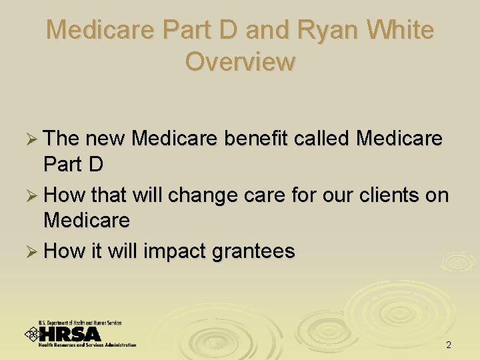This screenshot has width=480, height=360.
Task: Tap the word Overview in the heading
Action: [240, 61]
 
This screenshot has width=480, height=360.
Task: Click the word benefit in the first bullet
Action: [256, 139]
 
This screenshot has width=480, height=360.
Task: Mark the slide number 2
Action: [448, 345]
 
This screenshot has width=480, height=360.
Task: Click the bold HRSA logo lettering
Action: [70, 334]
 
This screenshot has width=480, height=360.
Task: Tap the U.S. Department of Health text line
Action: [80, 323]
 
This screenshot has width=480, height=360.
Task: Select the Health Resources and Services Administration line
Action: [87, 345]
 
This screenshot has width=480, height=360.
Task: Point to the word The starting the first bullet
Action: [61, 139]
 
